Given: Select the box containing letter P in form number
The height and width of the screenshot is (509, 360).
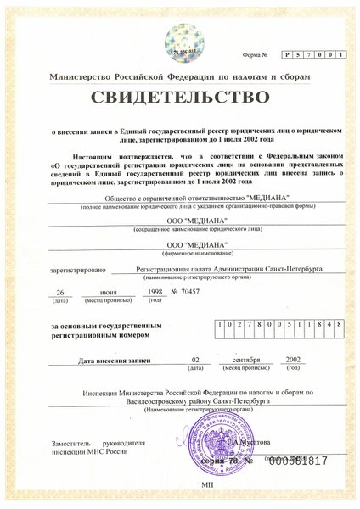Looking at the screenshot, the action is click(289, 55).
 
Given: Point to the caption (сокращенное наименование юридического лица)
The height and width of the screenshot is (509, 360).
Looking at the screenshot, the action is click(181, 231).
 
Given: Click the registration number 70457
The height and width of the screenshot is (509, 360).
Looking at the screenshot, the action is click(193, 291).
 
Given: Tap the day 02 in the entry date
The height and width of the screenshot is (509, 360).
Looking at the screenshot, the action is click(195, 360).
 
